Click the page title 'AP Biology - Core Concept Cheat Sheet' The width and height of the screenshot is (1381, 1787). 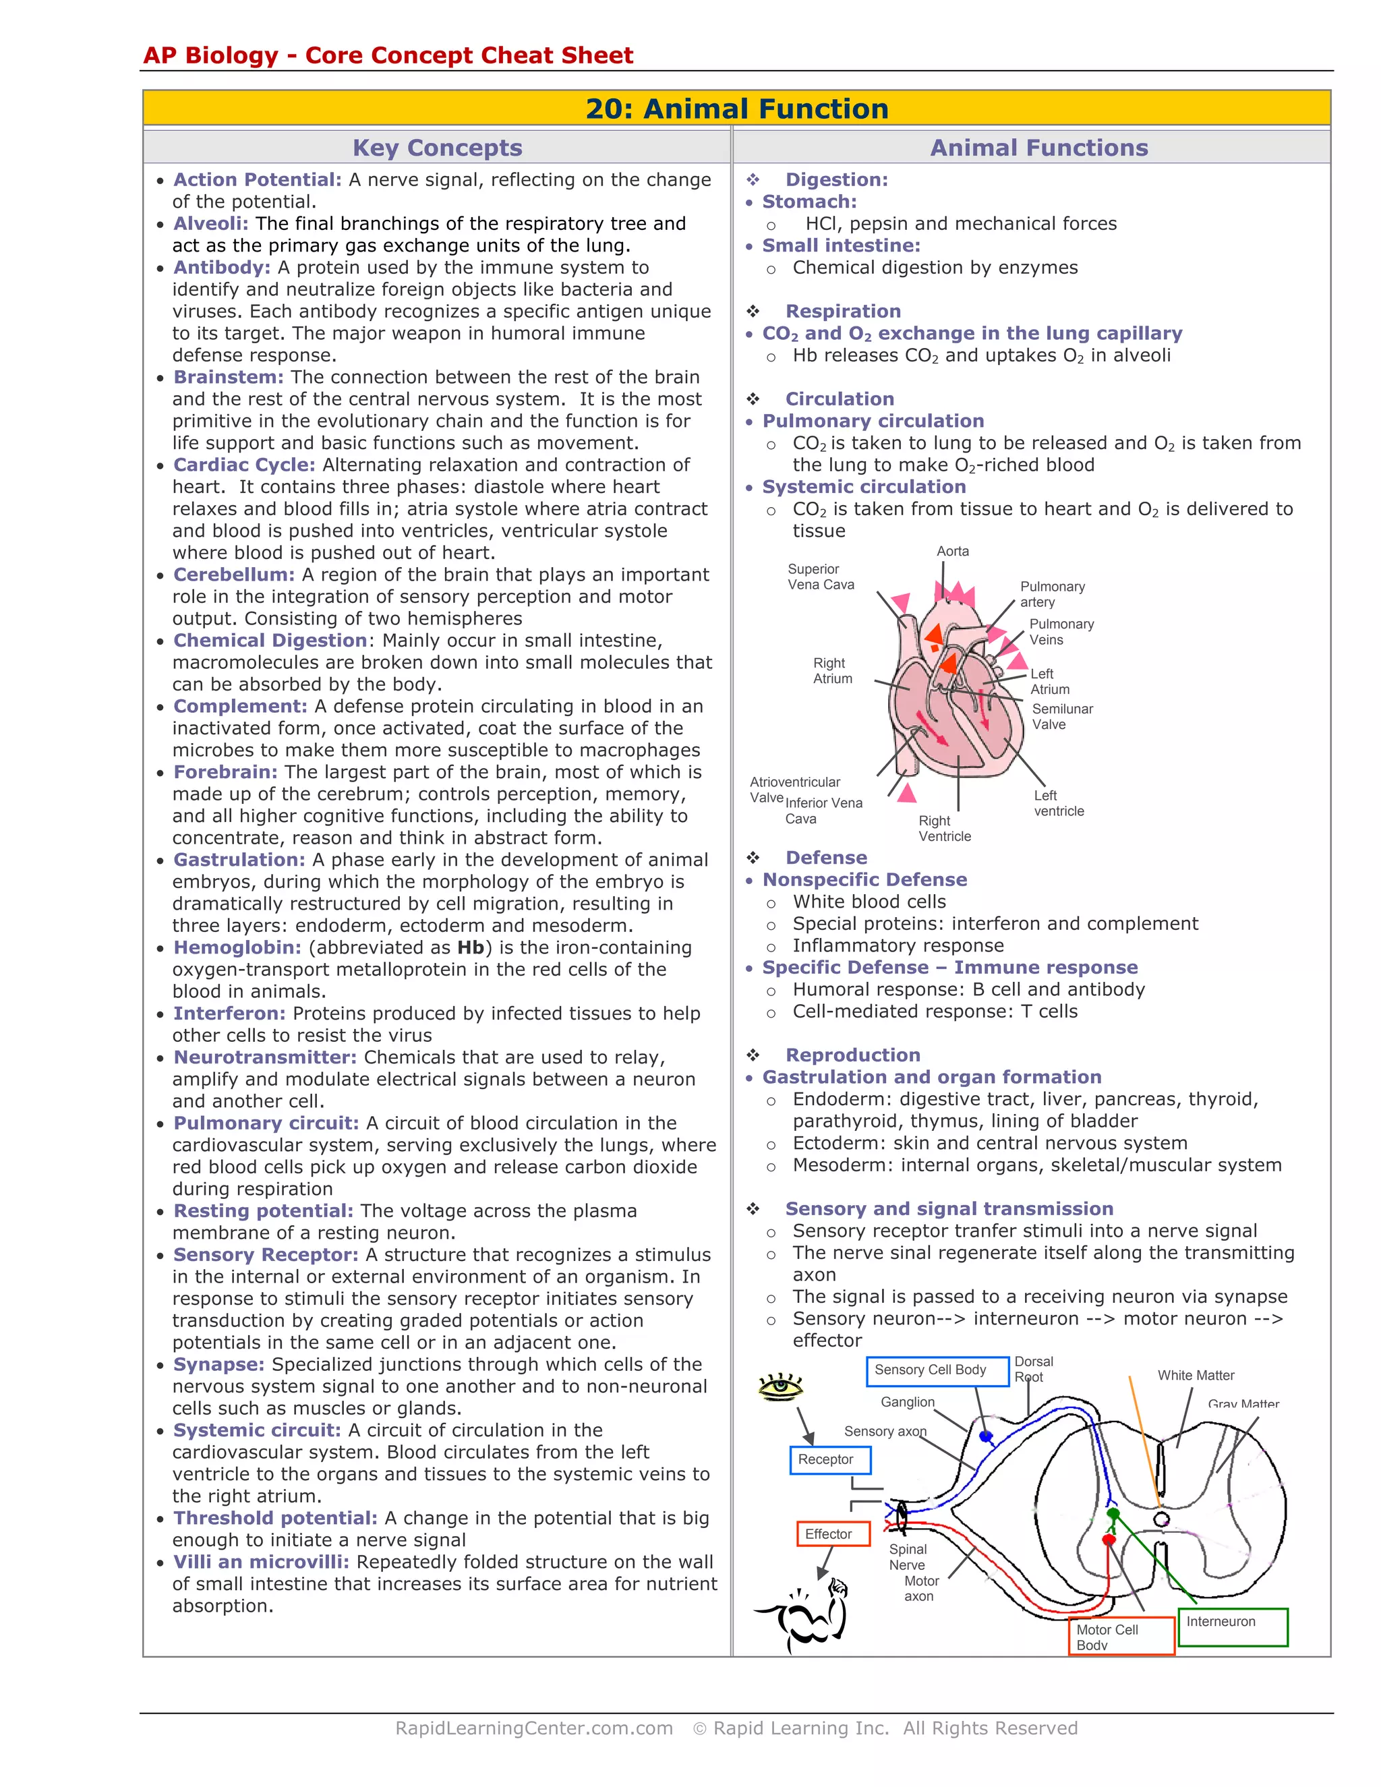[388, 56]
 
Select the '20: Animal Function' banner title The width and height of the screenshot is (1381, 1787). [736, 109]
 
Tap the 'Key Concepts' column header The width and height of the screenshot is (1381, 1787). [437, 148]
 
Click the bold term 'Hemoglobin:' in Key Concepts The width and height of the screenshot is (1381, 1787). [237, 947]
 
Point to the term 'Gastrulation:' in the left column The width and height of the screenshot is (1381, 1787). [239, 860]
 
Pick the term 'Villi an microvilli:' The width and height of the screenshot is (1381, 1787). [261, 1562]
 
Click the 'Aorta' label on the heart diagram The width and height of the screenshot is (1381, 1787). [952, 552]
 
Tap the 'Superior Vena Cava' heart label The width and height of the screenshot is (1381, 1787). [820, 577]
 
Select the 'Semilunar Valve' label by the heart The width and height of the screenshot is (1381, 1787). [1061, 717]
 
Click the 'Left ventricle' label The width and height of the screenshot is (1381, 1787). [1058, 804]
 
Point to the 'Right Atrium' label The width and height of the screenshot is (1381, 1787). [832, 671]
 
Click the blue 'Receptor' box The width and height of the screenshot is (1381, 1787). [829, 1460]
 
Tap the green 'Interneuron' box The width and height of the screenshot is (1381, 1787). [1231, 1627]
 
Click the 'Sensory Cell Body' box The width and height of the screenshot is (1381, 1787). [937, 1370]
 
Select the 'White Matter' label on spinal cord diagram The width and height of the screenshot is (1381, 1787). [1196, 1376]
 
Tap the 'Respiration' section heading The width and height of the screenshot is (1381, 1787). [843, 312]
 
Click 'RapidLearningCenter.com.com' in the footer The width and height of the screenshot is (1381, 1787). [533, 1728]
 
